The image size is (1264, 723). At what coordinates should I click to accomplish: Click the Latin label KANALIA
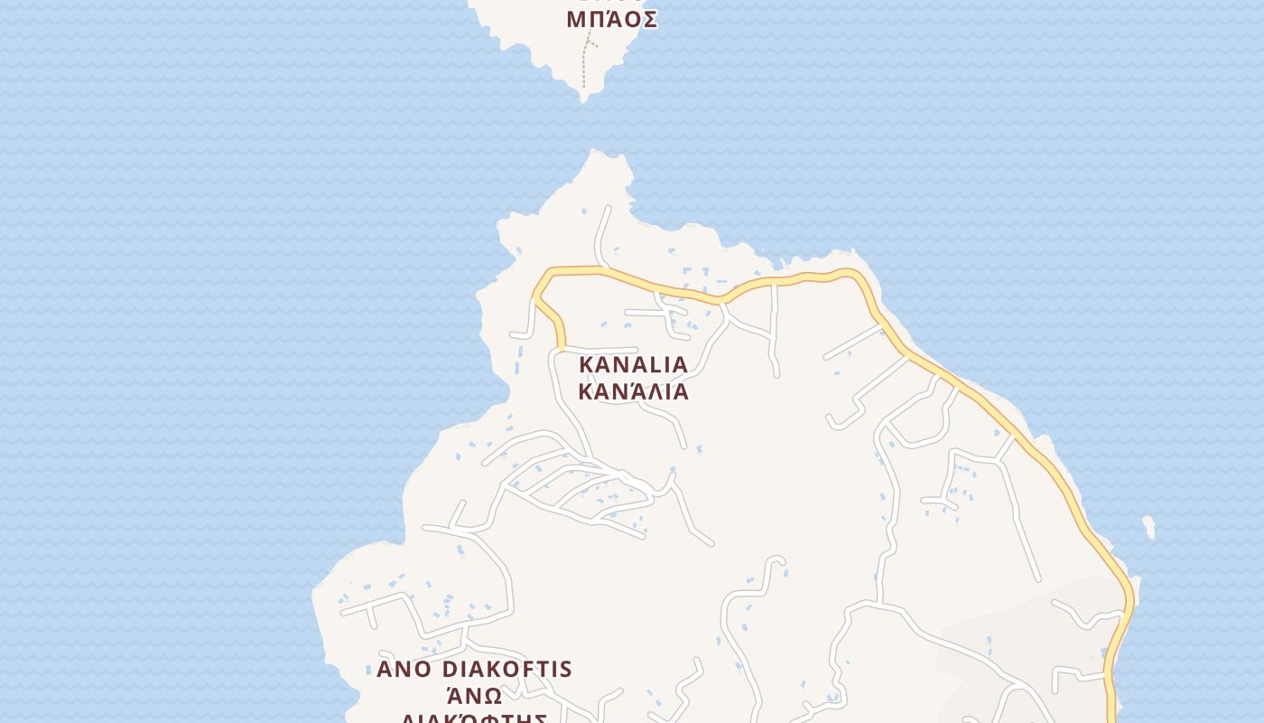(633, 364)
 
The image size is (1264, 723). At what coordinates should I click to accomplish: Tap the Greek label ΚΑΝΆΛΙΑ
(633, 391)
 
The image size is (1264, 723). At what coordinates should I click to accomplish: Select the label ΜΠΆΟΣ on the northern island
(611, 19)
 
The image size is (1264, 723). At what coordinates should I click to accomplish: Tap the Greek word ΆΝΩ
(475, 696)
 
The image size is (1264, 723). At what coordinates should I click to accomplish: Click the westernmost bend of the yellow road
(535, 294)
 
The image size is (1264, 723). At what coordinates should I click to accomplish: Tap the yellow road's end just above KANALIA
(561, 346)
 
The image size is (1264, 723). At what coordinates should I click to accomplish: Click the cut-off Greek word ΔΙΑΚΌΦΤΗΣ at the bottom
(475, 718)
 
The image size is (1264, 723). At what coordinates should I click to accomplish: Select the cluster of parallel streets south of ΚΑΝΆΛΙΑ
(578, 488)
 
